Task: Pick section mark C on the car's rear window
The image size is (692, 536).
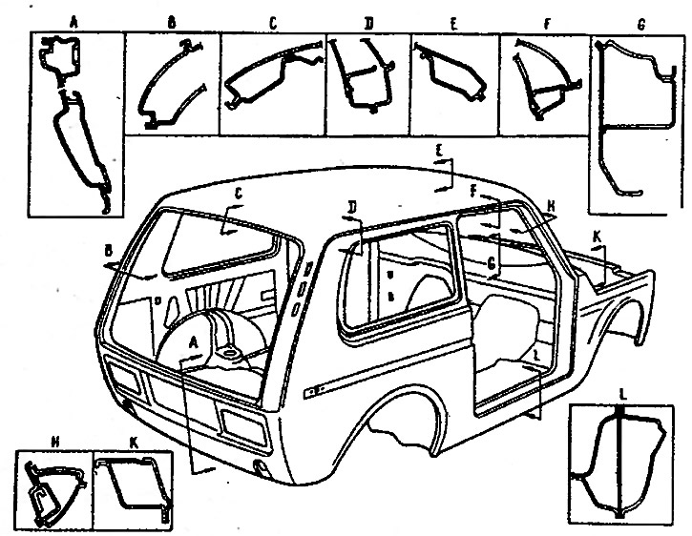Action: (240, 195)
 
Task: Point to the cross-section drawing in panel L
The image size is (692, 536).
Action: (619, 463)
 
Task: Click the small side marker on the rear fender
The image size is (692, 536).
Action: (310, 392)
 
